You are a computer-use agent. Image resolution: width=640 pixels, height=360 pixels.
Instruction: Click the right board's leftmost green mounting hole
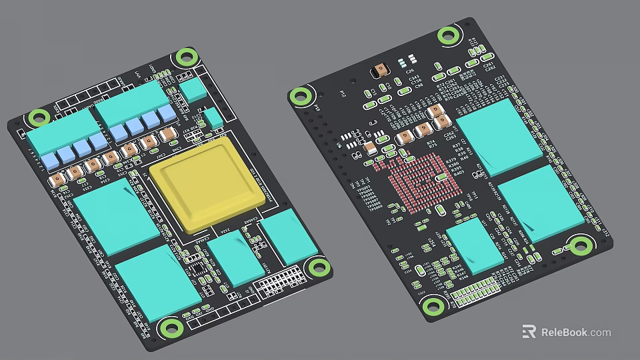(301, 96)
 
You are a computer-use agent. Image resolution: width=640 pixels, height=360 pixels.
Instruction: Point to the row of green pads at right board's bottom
(475, 291)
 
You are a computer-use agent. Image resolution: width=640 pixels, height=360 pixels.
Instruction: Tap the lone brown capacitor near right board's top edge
(381, 69)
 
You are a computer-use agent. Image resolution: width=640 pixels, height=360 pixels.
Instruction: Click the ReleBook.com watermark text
(575, 332)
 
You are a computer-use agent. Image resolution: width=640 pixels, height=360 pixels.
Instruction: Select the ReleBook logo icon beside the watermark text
(529, 332)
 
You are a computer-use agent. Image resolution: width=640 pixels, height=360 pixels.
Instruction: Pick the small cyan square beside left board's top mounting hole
(193, 90)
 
